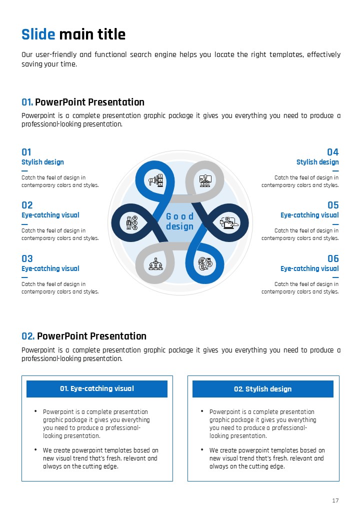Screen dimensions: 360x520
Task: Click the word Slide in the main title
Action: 38,34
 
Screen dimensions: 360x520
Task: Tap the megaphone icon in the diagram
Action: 156,180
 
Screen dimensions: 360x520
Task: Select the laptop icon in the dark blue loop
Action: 229,222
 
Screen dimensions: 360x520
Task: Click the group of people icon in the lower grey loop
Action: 155,264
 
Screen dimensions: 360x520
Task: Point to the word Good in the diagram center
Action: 179,216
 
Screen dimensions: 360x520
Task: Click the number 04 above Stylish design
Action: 333,152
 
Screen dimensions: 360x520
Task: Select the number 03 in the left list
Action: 27,258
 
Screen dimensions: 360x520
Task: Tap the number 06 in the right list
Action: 333,258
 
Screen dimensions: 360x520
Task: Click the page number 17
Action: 335,500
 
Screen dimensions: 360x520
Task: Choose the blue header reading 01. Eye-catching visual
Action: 97,388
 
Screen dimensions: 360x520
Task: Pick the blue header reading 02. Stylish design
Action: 263,388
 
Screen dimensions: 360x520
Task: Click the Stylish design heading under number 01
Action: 43,162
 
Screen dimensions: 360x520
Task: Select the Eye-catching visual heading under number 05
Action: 309,215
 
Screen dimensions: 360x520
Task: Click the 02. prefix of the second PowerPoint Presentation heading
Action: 28,336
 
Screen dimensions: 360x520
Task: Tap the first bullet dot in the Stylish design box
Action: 202,411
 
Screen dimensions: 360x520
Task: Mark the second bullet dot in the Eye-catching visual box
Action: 35,449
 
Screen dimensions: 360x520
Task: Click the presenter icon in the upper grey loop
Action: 205,180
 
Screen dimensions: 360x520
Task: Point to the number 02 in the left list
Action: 27,205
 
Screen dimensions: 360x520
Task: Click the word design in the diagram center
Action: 179,226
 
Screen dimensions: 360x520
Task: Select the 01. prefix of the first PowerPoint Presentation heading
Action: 27,102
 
